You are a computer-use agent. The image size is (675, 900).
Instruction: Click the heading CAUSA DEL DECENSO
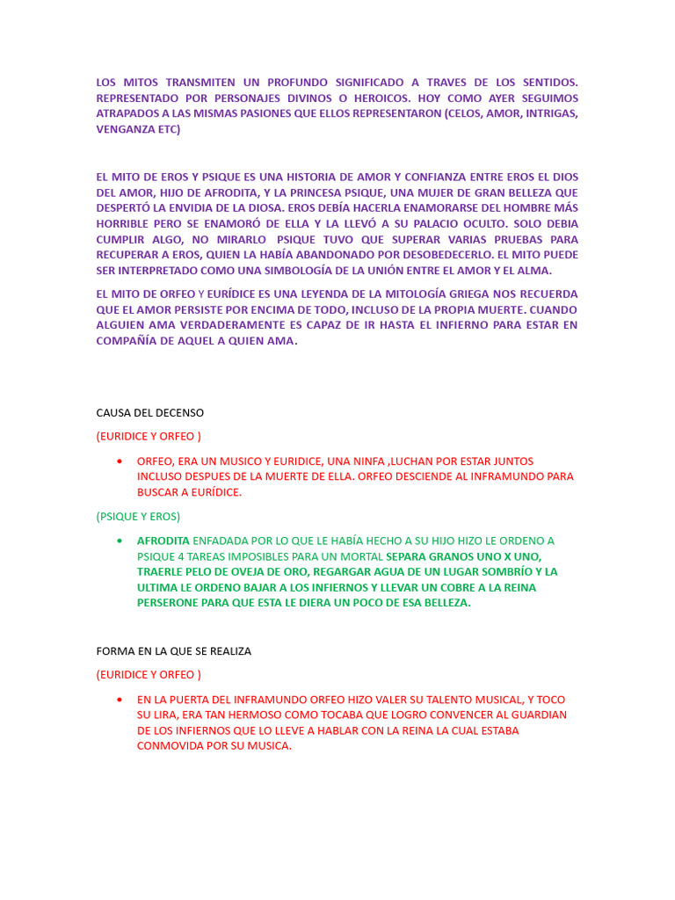(x=150, y=412)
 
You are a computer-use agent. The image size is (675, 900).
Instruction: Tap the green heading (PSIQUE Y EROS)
(x=138, y=516)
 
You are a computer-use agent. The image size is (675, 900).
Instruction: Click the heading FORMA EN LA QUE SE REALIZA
(x=174, y=651)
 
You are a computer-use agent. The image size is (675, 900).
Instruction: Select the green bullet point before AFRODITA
(x=119, y=541)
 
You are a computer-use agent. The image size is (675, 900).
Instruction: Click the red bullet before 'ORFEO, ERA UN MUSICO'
(x=119, y=461)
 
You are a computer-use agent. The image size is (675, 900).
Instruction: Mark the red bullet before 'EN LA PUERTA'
(x=119, y=700)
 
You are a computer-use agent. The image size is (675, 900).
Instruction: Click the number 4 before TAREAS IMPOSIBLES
(x=179, y=556)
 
